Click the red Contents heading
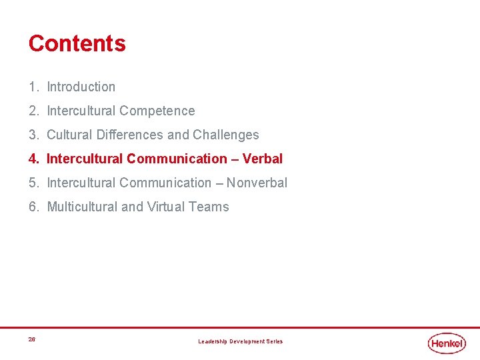point(77,43)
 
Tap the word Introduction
point(81,87)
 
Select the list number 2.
point(33,111)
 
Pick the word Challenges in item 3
point(226,135)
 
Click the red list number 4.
point(33,159)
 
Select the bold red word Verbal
point(263,159)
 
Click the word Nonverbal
point(257,183)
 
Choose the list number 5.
point(33,183)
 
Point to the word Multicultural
point(82,207)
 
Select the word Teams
point(209,207)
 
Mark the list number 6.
point(33,207)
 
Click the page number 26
point(32,340)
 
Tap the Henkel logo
point(447,343)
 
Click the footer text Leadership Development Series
point(240,341)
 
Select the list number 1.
point(33,87)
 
